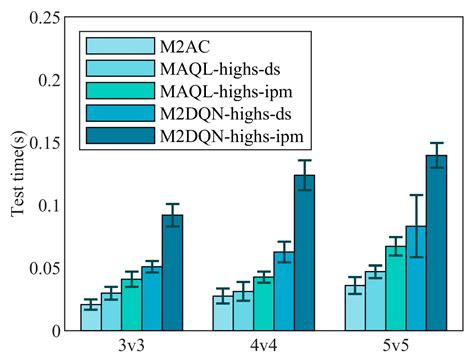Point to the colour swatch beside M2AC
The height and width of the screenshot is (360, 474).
pyautogui.click(x=116, y=46)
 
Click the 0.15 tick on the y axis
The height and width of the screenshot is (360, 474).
pyautogui.click(x=46, y=141)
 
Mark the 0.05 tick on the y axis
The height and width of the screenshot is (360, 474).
pyautogui.click(x=46, y=268)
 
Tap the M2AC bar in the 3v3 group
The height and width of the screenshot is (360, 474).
pyautogui.click(x=90, y=317)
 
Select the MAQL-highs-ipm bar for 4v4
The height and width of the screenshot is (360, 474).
pyautogui.click(x=263, y=303)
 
